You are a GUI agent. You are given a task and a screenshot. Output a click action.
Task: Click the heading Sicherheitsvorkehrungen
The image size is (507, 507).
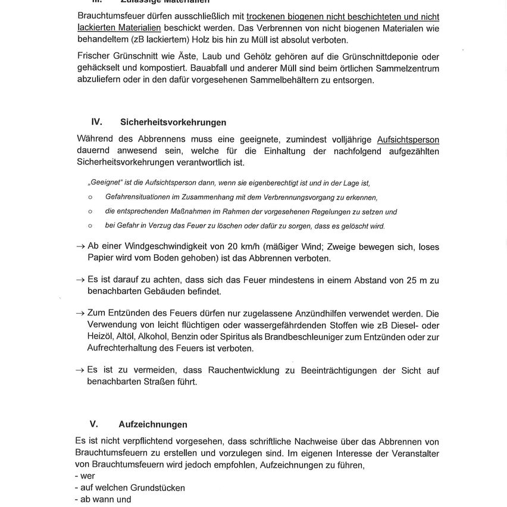173,122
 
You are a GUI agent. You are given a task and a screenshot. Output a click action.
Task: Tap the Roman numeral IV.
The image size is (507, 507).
96,121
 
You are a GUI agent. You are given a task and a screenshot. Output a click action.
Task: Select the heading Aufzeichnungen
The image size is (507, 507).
152,424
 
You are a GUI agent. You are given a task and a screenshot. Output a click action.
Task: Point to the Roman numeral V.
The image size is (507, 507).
93,424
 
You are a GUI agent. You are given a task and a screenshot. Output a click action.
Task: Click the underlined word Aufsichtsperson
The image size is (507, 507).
408,140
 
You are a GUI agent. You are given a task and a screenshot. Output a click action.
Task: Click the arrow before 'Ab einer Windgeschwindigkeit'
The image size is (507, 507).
80,246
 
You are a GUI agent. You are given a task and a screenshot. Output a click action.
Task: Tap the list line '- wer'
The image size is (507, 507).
85,476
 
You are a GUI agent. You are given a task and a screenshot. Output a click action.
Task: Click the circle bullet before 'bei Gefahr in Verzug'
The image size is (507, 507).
90,226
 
